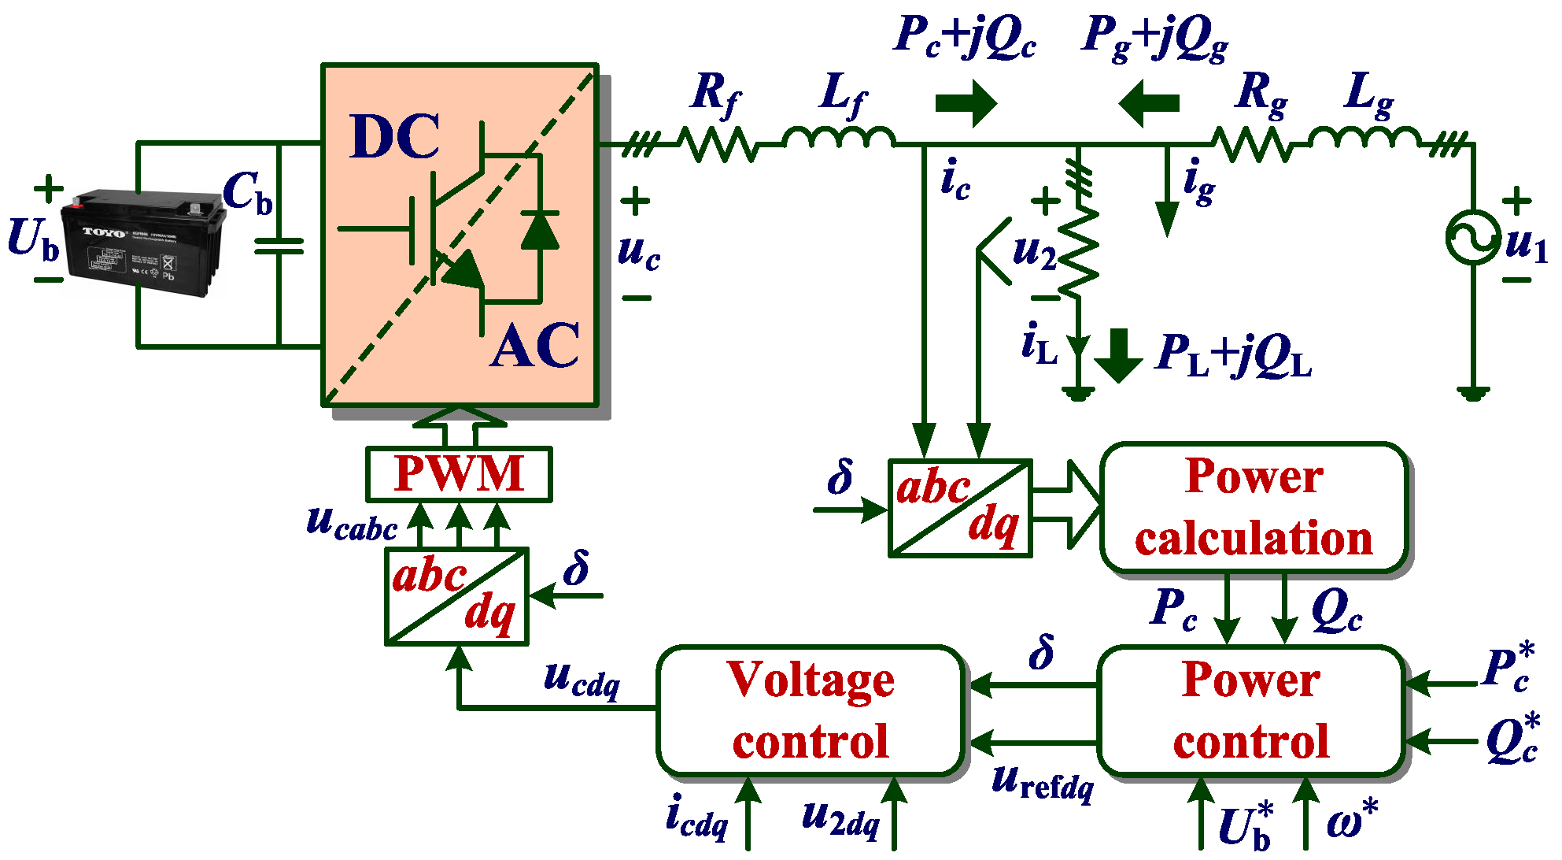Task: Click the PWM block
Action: coord(459,474)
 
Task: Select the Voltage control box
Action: coord(811,710)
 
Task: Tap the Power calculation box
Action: coord(1254,508)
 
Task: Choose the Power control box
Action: coord(1251,710)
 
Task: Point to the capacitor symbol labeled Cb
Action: coord(279,247)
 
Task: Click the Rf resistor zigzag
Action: coord(718,145)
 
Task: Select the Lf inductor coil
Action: coord(839,138)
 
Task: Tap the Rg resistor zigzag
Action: coord(1251,145)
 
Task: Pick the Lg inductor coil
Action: coord(1365,138)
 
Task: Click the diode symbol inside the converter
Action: coord(540,230)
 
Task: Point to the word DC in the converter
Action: coord(394,136)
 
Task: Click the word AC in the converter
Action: coord(534,346)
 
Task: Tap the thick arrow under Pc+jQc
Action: coord(966,103)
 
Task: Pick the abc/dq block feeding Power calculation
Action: coord(960,509)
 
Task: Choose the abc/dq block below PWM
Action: coord(456,596)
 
